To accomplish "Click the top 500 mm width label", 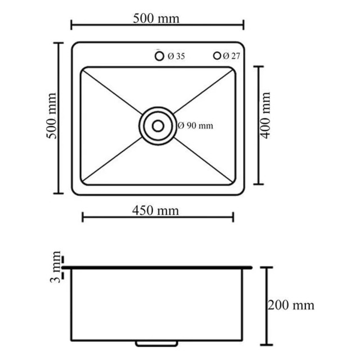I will coord(156,18).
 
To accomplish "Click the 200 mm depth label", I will coord(291,305).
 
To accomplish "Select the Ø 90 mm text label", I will coord(195,125).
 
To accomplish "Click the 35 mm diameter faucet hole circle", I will coord(159,56).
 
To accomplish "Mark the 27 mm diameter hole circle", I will coord(216,56).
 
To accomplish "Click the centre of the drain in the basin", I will coord(157,125).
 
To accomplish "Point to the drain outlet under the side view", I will coord(158,343).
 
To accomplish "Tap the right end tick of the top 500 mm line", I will coord(243,25).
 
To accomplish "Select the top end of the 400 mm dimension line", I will coord(259,67).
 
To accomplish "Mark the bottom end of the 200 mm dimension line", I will coord(267,344).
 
